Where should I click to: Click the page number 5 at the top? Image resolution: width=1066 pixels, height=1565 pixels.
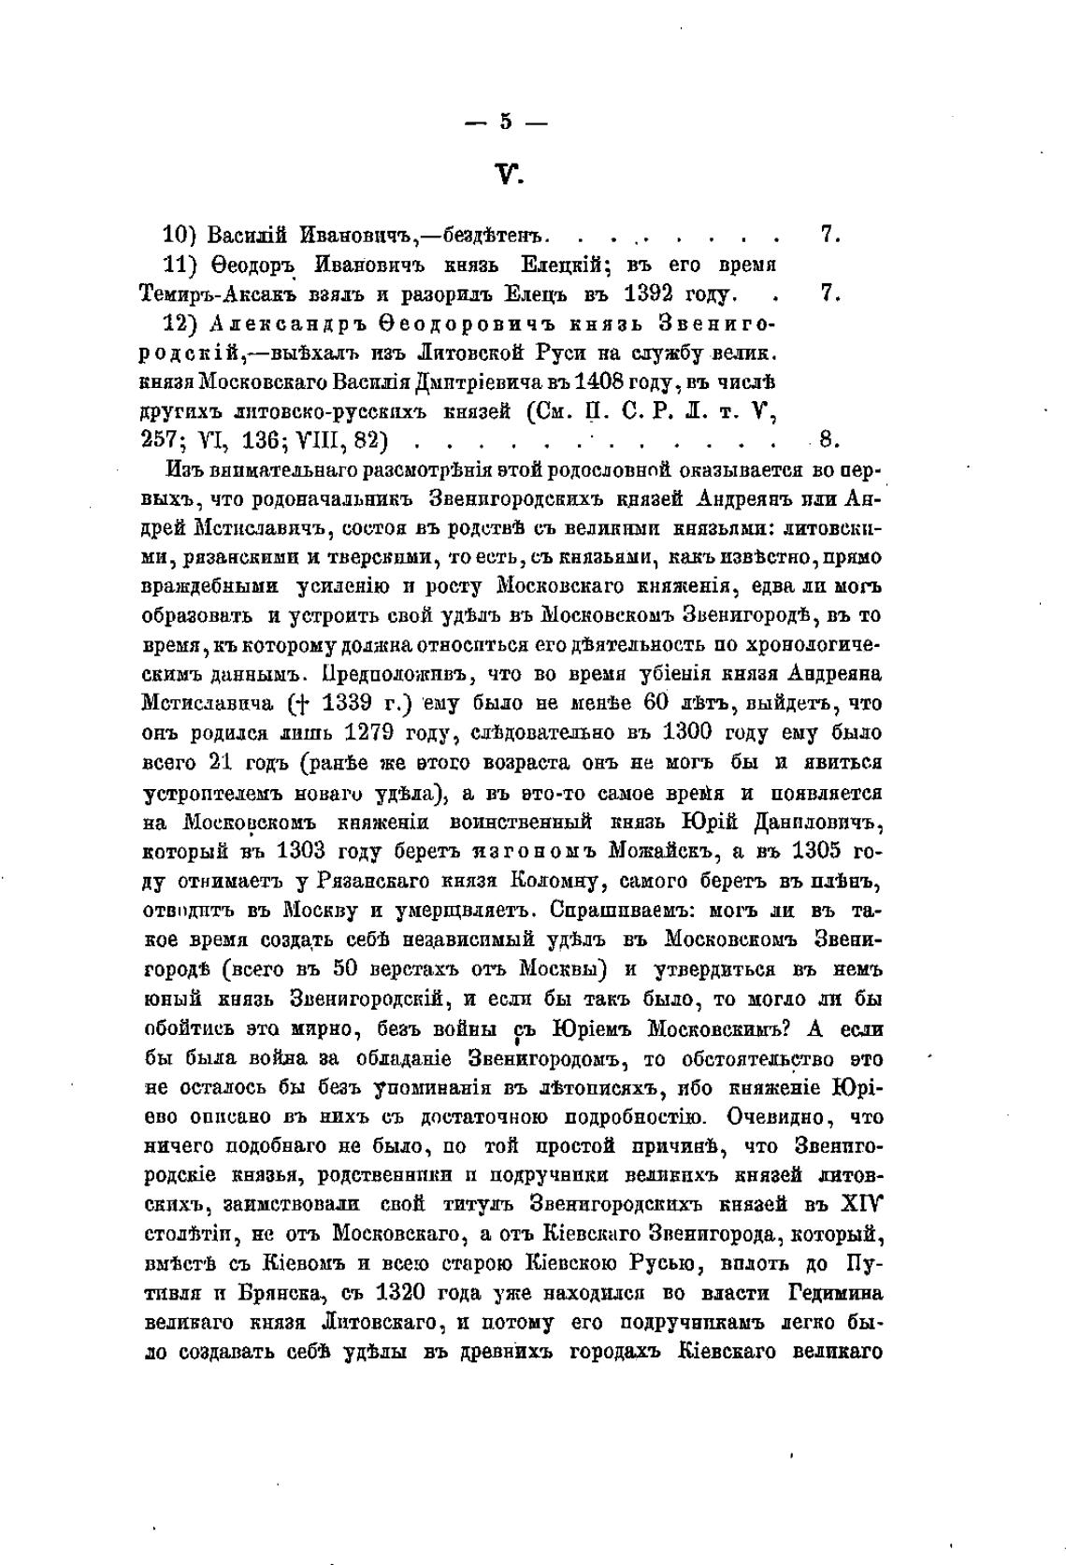507,121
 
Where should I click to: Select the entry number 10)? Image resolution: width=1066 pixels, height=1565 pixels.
178,234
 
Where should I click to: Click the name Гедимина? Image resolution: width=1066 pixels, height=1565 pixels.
836,1293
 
